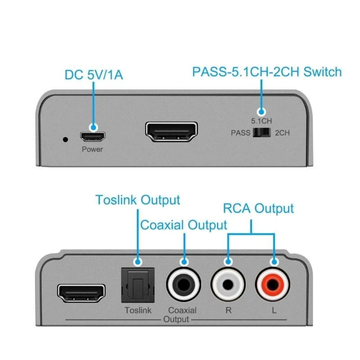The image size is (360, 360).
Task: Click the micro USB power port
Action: coord(92,135)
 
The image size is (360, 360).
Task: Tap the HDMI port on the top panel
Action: coord(171,131)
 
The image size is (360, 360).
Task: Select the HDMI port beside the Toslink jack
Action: coord(81,293)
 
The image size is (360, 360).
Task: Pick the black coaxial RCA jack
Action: coord(183,285)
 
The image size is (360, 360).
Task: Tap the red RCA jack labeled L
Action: coord(273,285)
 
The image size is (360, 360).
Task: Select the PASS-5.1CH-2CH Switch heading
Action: coord(267,72)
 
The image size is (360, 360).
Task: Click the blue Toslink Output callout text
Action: coord(137,200)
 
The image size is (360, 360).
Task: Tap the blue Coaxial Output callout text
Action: coord(184,225)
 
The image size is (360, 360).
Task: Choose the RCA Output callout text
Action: coord(258,208)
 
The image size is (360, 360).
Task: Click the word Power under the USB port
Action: coord(92,149)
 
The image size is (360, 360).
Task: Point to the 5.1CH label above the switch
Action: coord(261,121)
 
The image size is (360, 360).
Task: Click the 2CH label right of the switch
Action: coord(283,133)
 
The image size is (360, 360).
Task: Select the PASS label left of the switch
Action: coord(240,133)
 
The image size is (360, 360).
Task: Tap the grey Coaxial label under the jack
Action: coord(182,310)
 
